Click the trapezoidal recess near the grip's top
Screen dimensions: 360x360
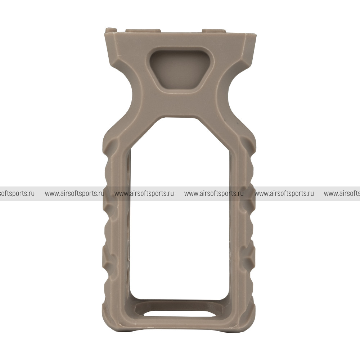pyautogui.click(x=181, y=70)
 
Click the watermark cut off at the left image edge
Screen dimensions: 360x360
pyautogui.click(x=17, y=194)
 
